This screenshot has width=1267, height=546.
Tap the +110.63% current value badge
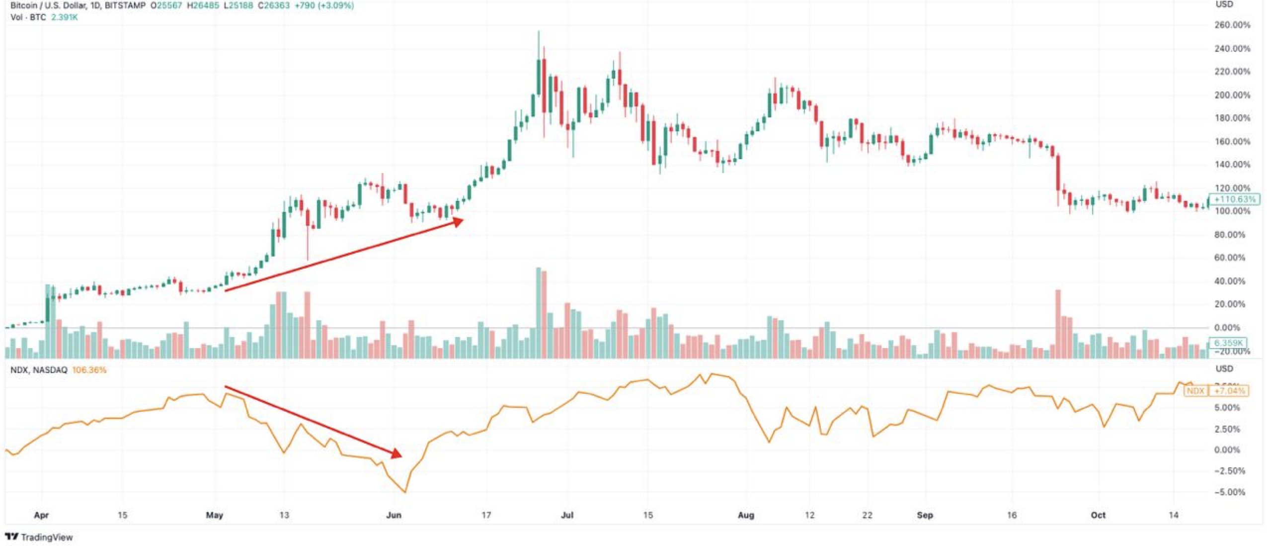coord(1234,199)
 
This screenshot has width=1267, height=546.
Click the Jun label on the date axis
coord(394,515)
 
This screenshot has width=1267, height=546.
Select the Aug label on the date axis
coord(745,515)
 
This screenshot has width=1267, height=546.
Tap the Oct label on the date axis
coord(1098,515)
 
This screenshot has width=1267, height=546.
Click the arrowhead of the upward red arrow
coord(458,222)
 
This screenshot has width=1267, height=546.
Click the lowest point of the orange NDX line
coord(405,492)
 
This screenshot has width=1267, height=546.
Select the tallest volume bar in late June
coord(538,313)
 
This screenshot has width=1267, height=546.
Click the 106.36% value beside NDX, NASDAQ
coord(89,370)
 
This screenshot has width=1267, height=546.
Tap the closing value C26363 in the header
coord(274,6)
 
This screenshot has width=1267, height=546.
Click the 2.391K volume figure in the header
coord(64,17)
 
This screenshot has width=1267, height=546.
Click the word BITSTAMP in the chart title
coord(125,6)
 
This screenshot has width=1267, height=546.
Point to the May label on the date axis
coord(214,515)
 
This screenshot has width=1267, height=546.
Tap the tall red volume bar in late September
coord(1058,323)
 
